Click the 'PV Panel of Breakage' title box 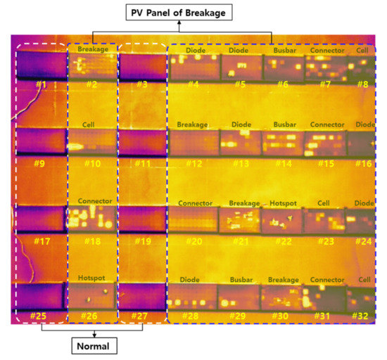(179, 12)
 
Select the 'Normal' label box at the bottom (93, 346)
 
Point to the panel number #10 (92, 164)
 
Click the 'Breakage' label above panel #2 (93, 51)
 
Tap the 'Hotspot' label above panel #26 (93, 278)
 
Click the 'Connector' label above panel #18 (95, 202)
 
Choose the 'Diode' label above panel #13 (241, 124)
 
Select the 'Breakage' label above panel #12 (192, 124)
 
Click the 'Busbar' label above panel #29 (240, 278)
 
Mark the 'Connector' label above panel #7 (327, 51)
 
